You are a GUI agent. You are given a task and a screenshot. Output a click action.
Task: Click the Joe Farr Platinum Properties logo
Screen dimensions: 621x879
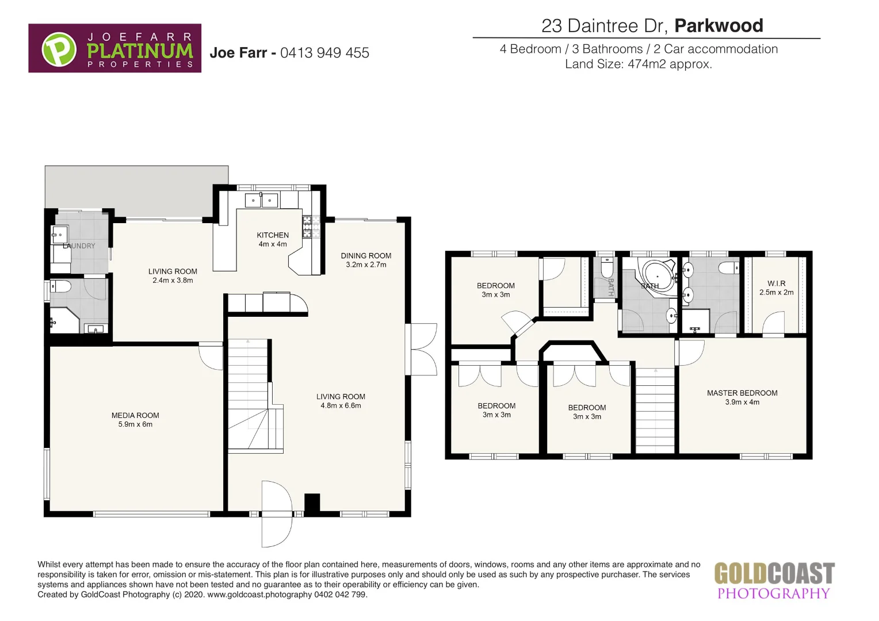click(114, 48)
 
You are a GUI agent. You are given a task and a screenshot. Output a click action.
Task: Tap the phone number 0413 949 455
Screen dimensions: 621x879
click(324, 53)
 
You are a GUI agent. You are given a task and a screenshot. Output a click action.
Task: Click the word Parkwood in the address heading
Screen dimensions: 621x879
click(719, 26)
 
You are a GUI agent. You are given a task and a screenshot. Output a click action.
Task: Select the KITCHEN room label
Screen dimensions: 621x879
click(273, 235)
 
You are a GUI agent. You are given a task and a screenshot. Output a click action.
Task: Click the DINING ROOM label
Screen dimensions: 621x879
click(366, 256)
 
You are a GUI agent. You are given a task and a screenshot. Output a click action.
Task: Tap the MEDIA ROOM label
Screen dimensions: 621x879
click(135, 415)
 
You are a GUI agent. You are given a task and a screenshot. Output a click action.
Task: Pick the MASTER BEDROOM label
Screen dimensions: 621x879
click(742, 393)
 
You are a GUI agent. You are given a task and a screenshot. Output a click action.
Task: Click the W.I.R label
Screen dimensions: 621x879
click(776, 283)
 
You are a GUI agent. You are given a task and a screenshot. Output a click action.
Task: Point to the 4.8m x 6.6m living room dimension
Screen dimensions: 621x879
click(341, 406)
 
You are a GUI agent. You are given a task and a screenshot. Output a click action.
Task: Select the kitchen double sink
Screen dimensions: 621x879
click(262, 201)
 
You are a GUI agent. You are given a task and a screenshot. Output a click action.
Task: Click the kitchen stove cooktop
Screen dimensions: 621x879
click(311, 227)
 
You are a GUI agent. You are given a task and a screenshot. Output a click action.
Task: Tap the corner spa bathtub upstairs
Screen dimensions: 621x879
click(660, 277)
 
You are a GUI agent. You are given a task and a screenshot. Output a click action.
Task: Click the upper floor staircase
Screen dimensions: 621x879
click(655, 411)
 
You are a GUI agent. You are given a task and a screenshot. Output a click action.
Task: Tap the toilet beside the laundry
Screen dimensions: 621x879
click(60, 286)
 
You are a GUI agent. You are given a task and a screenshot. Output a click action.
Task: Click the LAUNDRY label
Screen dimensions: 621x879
click(79, 246)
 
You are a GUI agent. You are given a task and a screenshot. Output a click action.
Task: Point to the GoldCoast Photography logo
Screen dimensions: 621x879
click(774, 581)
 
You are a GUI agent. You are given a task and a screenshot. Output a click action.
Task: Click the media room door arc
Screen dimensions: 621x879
click(211, 356)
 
